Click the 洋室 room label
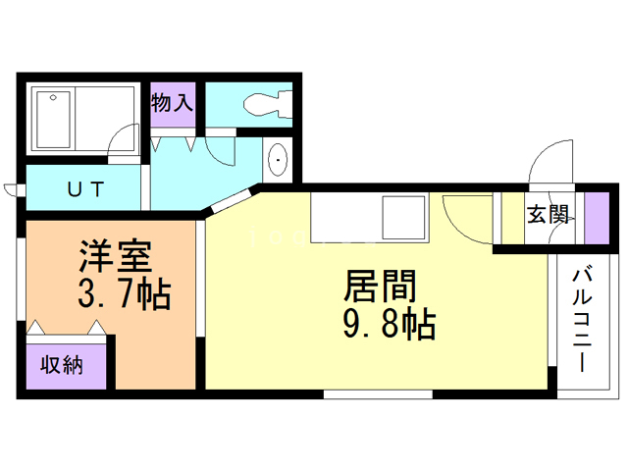115,257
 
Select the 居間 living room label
380,286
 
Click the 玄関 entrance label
548,215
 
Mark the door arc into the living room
466,218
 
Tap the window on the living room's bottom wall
378,394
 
